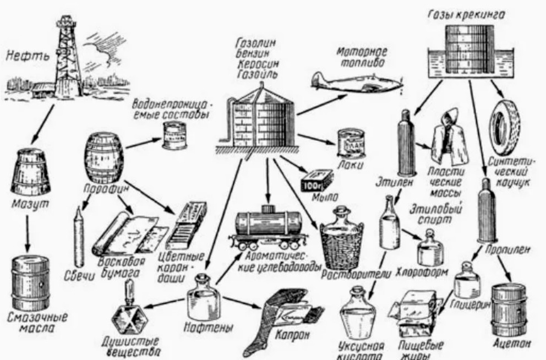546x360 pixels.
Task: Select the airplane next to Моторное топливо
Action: click(356, 81)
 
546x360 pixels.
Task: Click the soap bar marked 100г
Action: click(317, 179)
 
